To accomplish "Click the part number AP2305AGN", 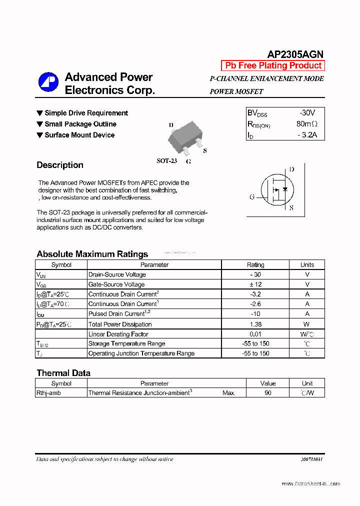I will click(x=295, y=54).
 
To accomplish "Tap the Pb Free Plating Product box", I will click(x=273, y=65).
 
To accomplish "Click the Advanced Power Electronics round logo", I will click(x=48, y=82).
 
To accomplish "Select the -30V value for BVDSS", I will click(x=307, y=113).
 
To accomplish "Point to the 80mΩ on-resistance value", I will click(x=306, y=124).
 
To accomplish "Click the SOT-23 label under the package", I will click(x=166, y=161).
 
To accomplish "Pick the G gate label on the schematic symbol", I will click(x=252, y=197).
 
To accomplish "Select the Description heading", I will click(x=60, y=165).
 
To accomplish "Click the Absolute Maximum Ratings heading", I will click(x=92, y=254).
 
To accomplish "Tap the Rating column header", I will click(x=255, y=265).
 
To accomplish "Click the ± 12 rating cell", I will click(x=255, y=284).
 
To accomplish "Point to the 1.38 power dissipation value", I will click(x=255, y=324).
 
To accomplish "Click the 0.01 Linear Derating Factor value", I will click(x=255, y=334).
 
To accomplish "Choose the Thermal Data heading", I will click(x=63, y=373).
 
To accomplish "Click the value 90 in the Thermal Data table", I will click(x=268, y=393).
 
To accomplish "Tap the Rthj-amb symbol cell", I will click(x=48, y=393).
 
